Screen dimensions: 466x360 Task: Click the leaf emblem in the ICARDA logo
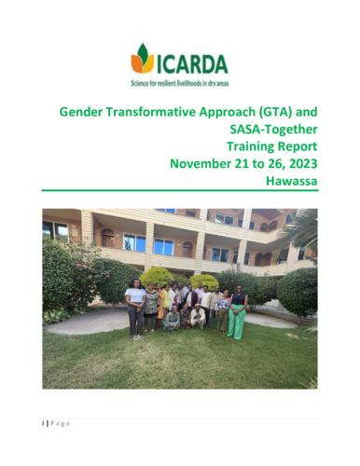(x=143, y=58)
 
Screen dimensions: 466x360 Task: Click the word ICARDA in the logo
(x=191, y=63)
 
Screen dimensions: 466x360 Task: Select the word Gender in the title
(x=85, y=112)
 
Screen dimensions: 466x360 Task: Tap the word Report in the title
(x=298, y=146)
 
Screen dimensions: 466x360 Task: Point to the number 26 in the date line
(x=270, y=164)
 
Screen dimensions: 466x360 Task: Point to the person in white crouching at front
(x=197, y=316)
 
